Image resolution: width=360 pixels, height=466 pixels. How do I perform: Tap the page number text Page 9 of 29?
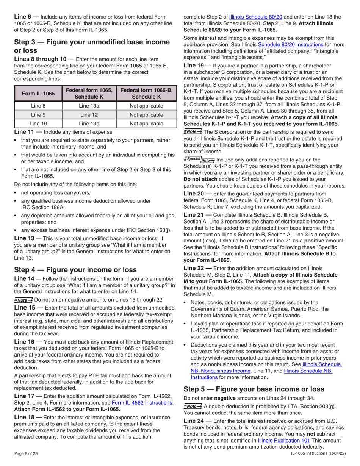pos(26,453)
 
